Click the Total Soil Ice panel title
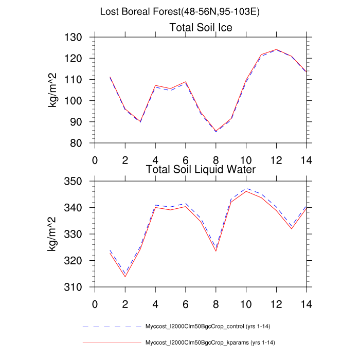pos(201,28)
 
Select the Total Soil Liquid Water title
pos(201,169)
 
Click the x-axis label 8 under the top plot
pos(216,159)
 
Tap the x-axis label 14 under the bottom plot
pos(307,303)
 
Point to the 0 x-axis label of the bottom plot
pos(95,303)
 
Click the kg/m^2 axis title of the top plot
pos(53,91)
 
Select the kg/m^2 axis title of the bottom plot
pos(53,235)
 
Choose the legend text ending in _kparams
pos(213,343)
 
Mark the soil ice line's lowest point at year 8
pos(216,131)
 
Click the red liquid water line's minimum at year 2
pos(125,277)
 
